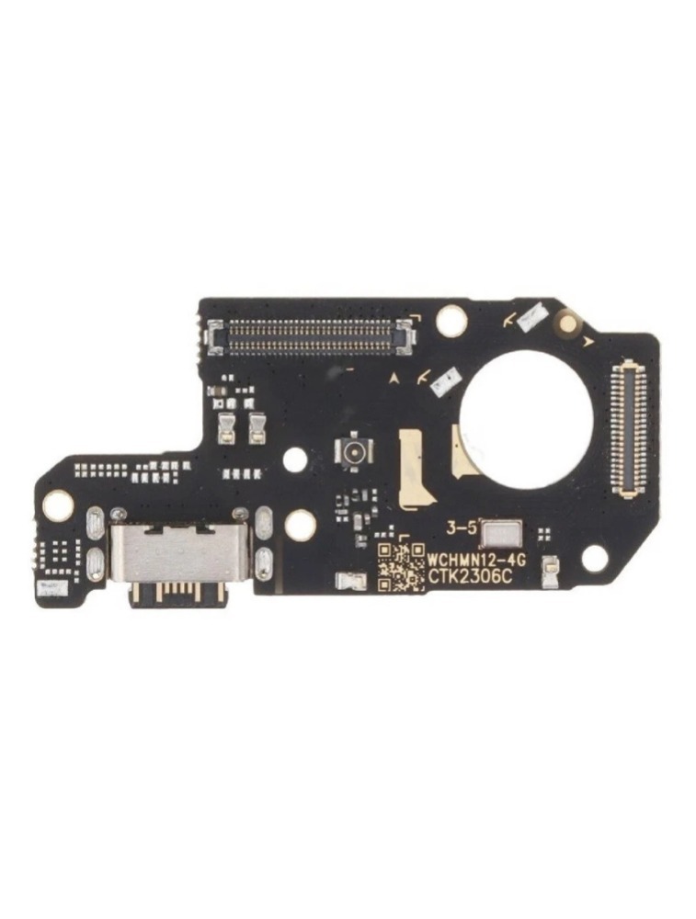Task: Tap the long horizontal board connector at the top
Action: [x=312, y=336]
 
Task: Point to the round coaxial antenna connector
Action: [x=354, y=450]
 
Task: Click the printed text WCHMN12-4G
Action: [x=476, y=560]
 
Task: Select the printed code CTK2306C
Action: [x=469, y=577]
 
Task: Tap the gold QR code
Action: [x=401, y=567]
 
